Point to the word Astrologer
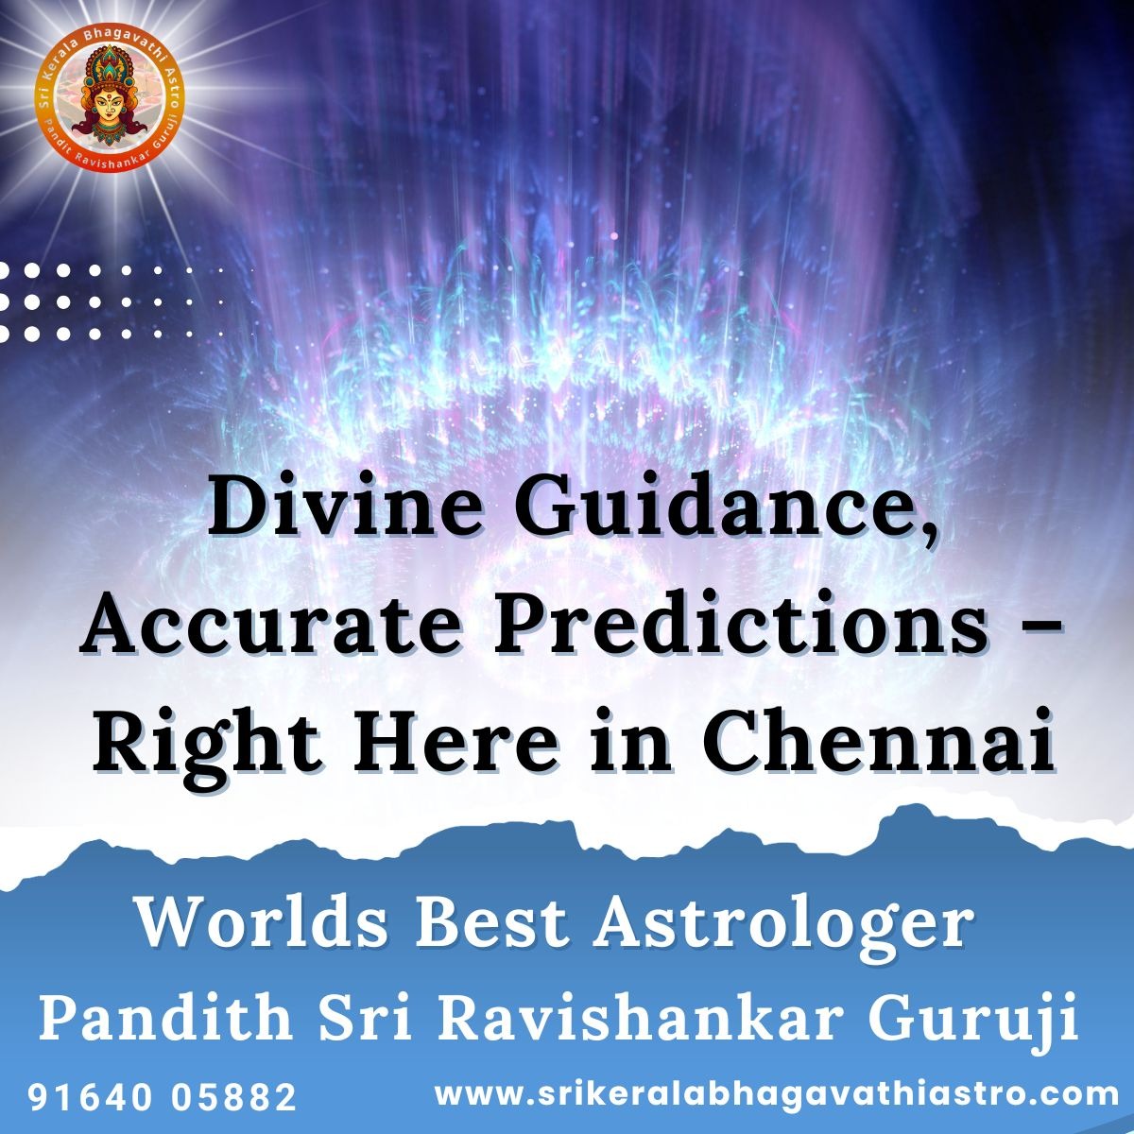click(x=782, y=929)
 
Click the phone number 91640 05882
click(x=163, y=1097)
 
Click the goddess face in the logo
click(x=110, y=107)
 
